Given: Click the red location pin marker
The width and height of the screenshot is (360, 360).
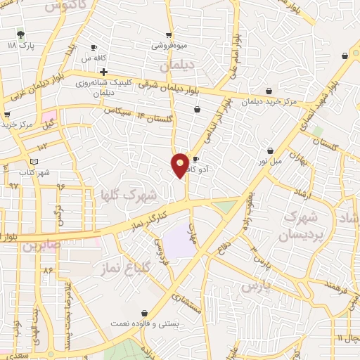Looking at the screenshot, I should (x=180, y=165).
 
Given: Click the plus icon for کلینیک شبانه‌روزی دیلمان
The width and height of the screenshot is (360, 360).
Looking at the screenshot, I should (x=103, y=72).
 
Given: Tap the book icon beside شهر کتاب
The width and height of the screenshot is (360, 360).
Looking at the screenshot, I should (x=25, y=162).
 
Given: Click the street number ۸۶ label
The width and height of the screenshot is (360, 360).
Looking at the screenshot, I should (x=48, y=270).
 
